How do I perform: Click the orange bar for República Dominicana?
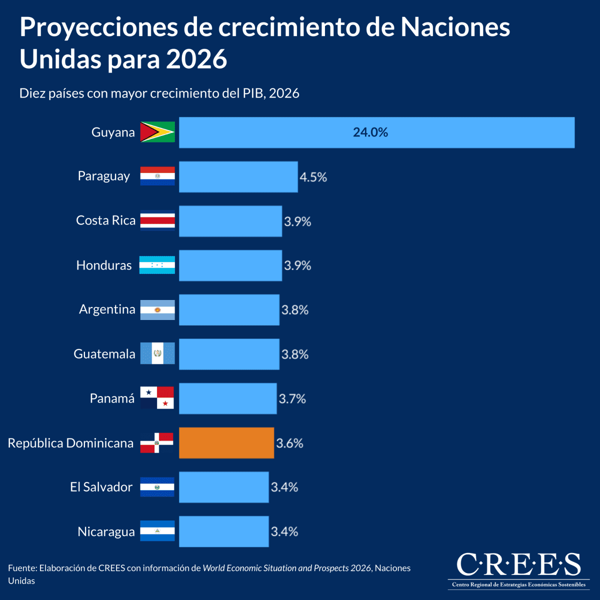point(226,443)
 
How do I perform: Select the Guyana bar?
point(376,132)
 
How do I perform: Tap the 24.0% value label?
point(370,132)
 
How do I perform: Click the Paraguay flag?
point(157,176)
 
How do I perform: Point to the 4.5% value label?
point(313,177)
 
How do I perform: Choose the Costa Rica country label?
point(105,220)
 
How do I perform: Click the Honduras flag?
point(157,265)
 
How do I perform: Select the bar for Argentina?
point(229,310)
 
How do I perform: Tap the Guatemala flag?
point(157,353)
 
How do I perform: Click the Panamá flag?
point(157,398)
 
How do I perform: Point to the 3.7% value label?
point(292,399)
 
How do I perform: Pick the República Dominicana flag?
point(156,443)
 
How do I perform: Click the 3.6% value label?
point(290,443)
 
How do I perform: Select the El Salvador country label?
point(101,487)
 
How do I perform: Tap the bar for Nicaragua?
point(223,531)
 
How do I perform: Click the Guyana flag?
point(157,132)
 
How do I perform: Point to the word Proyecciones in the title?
point(98,27)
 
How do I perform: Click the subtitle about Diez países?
point(159,93)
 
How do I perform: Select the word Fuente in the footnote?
point(21,568)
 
